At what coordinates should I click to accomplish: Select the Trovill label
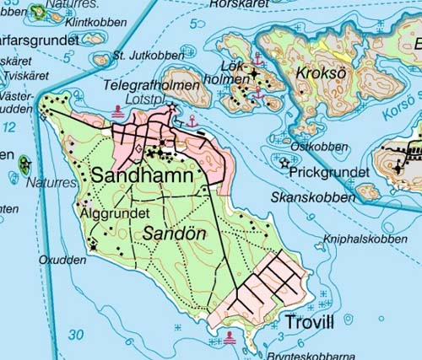coord(310,323)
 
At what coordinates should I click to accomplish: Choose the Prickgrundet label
coord(328,172)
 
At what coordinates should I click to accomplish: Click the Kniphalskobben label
coord(365,239)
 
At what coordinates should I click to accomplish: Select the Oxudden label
coord(62,261)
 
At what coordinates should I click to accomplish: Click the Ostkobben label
coord(318,147)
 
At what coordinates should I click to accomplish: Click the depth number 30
coord(76,335)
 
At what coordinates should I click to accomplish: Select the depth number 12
coord(9,126)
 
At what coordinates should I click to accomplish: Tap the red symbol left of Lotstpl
coord(116,110)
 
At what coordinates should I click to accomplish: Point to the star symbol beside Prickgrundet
coord(284,164)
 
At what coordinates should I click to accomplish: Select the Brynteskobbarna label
coord(310,355)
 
